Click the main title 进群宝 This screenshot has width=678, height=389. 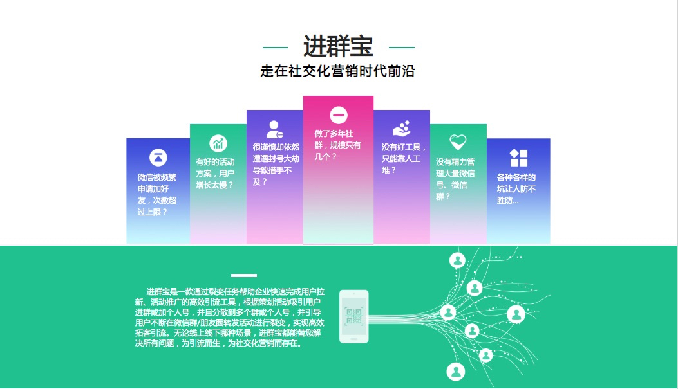[338, 47]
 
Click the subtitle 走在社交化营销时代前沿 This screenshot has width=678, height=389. [337, 71]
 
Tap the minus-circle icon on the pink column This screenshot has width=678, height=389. [339, 115]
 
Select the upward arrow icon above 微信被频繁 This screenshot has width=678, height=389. [158, 158]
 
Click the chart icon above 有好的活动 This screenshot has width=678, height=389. [218, 143]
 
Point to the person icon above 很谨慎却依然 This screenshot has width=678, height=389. [274, 129]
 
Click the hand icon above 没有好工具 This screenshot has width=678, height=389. [402, 129]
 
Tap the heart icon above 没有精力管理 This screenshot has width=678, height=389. [458, 141]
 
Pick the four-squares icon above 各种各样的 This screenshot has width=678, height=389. [518, 158]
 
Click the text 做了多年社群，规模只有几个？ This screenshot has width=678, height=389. [337, 145]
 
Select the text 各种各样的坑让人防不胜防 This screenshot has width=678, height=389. [516, 188]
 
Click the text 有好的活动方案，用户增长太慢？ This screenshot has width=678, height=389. [215, 173]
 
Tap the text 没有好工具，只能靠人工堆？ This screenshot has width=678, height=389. [404, 158]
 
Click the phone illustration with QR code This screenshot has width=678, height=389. [354, 316]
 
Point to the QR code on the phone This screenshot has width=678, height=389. [354, 316]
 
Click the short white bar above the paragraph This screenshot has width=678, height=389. [244, 275]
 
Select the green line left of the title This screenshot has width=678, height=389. [276, 48]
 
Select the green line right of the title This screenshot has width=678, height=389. [402, 48]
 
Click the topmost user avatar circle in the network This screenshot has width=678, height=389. [458, 260]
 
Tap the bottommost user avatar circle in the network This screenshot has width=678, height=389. [456, 372]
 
